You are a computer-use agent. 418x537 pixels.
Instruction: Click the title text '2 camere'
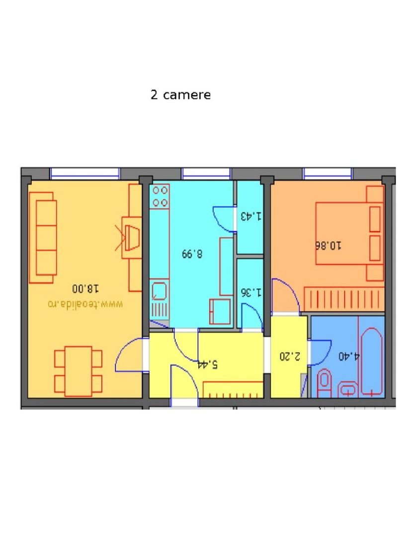coord(180,95)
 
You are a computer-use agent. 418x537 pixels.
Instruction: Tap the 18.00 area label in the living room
coord(85,288)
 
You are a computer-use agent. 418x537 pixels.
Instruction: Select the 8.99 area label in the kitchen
coord(192,254)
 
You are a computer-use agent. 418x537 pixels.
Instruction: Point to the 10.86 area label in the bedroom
coord(329,245)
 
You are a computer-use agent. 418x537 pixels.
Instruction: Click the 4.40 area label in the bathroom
coord(349,356)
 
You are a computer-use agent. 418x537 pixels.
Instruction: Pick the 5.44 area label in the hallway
coord(207,364)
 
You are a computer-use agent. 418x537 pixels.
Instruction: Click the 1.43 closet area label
coord(250,216)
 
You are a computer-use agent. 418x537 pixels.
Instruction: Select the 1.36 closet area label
coord(250,292)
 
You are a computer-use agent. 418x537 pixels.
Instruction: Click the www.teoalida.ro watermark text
coord(85,303)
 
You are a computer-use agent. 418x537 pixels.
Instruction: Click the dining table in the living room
coord(79,371)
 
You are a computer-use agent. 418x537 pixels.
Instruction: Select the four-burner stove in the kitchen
coord(160,195)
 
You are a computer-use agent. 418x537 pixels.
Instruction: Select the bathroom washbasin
coord(347,388)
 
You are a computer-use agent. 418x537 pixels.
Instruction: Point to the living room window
coord(85,173)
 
